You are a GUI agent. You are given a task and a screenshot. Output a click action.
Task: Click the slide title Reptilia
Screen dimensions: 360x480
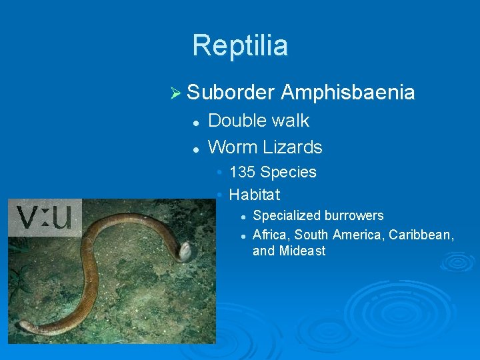pyautogui.click(x=240, y=45)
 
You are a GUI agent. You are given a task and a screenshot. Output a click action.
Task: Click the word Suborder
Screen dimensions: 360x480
pyautogui.click(x=231, y=93)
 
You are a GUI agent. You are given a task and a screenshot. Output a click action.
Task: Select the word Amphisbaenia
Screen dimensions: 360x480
pyautogui.click(x=347, y=93)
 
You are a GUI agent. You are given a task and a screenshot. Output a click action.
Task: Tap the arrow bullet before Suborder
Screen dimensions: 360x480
pyautogui.click(x=176, y=94)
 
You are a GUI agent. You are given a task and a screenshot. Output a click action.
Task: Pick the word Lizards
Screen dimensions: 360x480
pyautogui.click(x=293, y=147)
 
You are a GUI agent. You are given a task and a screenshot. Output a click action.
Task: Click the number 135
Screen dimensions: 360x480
pyautogui.click(x=242, y=172)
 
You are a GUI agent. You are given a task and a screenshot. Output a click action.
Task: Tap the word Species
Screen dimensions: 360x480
pyautogui.click(x=288, y=172)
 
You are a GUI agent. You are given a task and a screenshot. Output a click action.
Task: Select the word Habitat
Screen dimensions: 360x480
pyautogui.click(x=254, y=195)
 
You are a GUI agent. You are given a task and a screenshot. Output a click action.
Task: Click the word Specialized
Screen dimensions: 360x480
pyautogui.click(x=285, y=215)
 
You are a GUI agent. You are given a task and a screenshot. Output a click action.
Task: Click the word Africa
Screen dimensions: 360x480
pyautogui.click(x=271, y=235)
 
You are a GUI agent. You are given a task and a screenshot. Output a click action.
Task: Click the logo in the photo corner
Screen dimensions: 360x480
pyautogui.click(x=45, y=217)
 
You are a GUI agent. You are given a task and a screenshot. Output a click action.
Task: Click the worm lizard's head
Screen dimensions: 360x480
pyautogui.click(x=185, y=251)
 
